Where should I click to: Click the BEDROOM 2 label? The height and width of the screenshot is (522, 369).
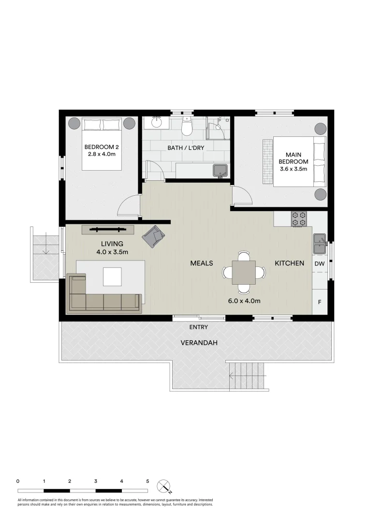tap(102, 147)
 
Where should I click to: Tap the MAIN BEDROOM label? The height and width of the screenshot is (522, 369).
tap(294, 158)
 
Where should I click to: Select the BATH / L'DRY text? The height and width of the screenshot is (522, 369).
tap(186, 148)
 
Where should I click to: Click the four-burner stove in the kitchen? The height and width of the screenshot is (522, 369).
tap(299, 219)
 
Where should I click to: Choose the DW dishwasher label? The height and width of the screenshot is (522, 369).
tap(319, 264)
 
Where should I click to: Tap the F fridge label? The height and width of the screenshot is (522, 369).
tap(320, 302)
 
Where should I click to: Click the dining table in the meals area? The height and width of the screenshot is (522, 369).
tap(244, 272)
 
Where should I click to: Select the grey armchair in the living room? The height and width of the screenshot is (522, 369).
tap(153, 236)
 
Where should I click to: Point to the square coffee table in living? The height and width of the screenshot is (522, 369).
tap(112, 277)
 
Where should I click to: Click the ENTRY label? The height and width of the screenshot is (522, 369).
tap(198, 327)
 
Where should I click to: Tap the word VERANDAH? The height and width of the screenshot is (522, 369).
tap(199, 343)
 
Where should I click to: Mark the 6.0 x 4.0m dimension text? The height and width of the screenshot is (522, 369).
tap(244, 301)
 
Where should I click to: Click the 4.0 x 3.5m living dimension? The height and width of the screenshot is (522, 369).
tap(112, 252)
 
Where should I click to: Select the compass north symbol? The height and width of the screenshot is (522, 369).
tap(164, 486)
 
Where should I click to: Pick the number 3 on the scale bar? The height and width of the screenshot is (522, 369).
tap(96, 481)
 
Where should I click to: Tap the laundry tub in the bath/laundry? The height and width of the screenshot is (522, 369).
tap(220, 171)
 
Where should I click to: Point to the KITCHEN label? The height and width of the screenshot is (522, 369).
tap(289, 263)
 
